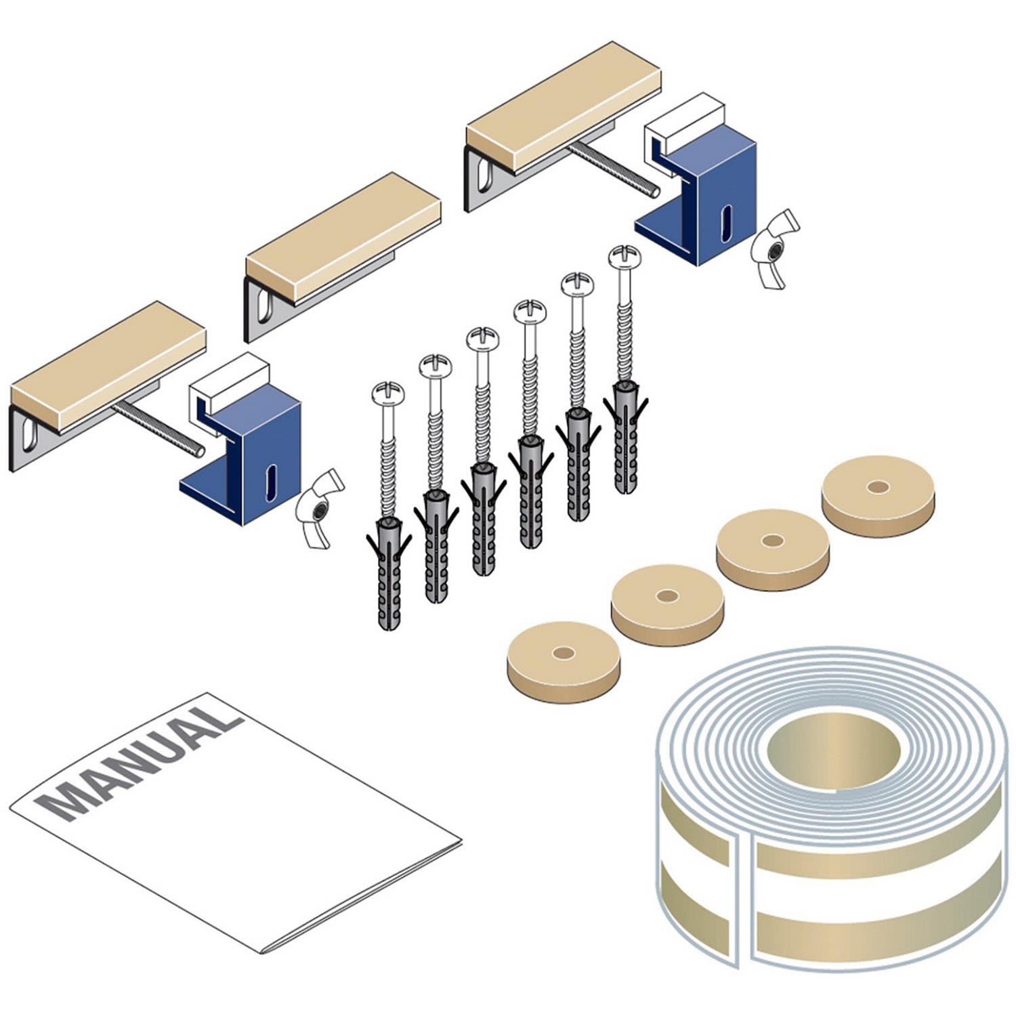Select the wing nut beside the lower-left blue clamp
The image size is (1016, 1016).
click(x=320, y=508)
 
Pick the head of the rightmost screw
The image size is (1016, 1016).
click(x=624, y=257)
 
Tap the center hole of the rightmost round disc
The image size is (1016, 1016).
click(x=878, y=487)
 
